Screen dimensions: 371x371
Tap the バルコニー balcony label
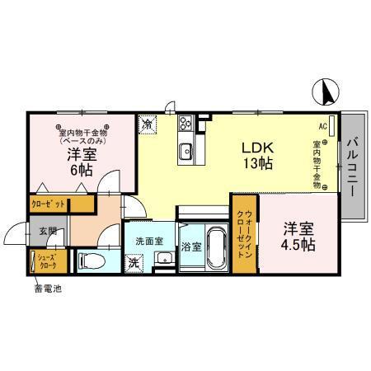(352, 165)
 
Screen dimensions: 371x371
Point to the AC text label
(322, 126)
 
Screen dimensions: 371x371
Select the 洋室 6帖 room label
(79, 162)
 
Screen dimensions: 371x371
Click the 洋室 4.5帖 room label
(300, 235)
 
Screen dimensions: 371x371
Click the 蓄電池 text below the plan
(47, 288)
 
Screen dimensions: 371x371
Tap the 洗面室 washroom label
(149, 242)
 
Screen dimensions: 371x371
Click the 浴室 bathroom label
(190, 247)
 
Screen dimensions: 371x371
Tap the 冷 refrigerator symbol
(147, 124)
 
